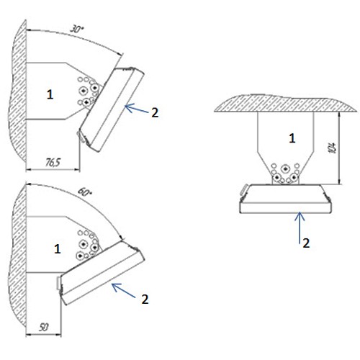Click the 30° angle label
point(77,29)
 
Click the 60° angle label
point(85,192)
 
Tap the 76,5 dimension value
point(53,163)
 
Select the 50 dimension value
point(44,328)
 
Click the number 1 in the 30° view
point(50,94)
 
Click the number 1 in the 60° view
point(57,249)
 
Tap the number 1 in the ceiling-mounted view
point(292,138)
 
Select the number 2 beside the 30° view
point(155,112)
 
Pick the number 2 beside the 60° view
point(145,300)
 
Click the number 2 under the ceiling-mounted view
point(306,243)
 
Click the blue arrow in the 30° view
point(137,109)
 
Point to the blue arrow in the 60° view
point(124,290)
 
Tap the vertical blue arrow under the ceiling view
point(300,228)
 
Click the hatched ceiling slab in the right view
point(285,103)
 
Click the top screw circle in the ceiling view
point(285,169)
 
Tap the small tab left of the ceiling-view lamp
point(244,189)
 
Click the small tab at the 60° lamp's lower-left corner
point(58,283)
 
